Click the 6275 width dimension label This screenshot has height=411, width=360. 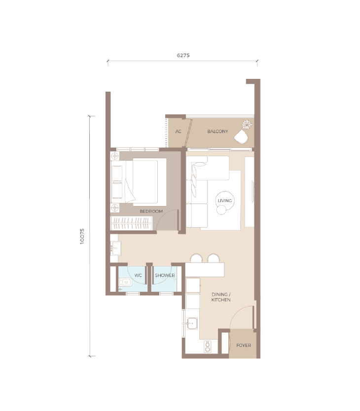pyautogui.click(x=183, y=55)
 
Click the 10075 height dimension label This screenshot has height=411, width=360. pyautogui.click(x=82, y=236)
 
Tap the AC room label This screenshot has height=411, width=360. pyautogui.click(x=179, y=131)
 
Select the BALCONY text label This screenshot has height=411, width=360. pyautogui.click(x=217, y=131)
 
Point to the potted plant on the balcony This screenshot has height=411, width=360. pyautogui.click(x=247, y=124)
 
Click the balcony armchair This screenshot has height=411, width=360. pyautogui.click(x=241, y=137)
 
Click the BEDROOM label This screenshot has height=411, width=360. pyautogui.click(x=151, y=211)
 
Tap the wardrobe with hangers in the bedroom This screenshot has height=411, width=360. pyautogui.click(x=131, y=223)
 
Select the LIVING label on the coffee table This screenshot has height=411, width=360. pyautogui.click(x=225, y=201)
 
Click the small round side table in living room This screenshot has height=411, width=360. pyautogui.click(x=221, y=210)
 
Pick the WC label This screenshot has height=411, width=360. pyautogui.click(x=138, y=275)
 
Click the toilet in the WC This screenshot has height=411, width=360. pyautogui.click(x=125, y=282)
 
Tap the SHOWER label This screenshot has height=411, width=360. pyautogui.click(x=165, y=275)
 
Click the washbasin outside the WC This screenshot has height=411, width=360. pyautogui.click(x=115, y=248)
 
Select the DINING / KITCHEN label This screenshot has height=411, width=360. pyautogui.click(x=221, y=297)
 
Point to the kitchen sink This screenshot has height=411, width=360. pyautogui.click(x=192, y=323)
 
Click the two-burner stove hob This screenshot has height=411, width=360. pyautogui.click(x=208, y=346)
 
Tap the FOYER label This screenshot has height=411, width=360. pyautogui.click(x=244, y=345)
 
